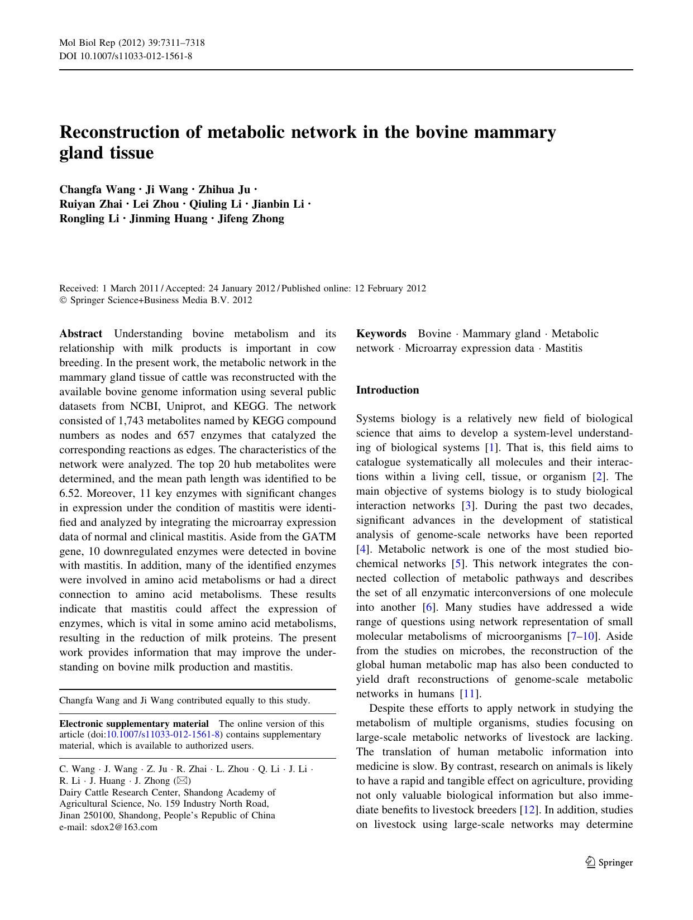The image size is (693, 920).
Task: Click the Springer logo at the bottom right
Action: point(609,862)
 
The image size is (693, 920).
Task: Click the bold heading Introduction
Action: point(387,390)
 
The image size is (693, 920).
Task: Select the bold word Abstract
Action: point(80,334)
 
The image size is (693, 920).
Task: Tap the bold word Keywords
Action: point(381,334)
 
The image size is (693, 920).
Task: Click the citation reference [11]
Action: point(469,694)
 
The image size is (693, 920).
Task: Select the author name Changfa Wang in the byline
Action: point(97,190)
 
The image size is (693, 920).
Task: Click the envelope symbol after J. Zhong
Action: point(182,781)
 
